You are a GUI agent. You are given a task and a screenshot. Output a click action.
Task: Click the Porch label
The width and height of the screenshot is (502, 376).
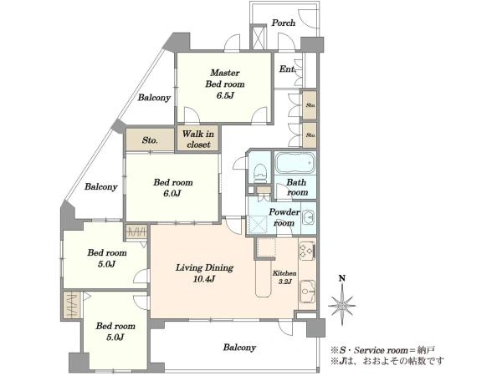pyautogui.click(x=284, y=23)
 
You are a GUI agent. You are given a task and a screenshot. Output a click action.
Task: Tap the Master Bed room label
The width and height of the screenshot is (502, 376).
pyautogui.click(x=225, y=79)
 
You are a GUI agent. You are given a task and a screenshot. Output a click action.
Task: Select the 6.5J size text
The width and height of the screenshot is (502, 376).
pyautogui.click(x=225, y=95)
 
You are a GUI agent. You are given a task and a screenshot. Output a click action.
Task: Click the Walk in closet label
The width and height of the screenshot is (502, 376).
pyautogui.click(x=198, y=139)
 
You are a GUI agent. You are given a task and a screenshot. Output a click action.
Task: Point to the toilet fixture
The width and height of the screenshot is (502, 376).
pyautogui.click(x=260, y=173)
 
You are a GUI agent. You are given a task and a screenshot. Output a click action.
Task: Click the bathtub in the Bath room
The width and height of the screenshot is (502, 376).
pyautogui.click(x=295, y=163)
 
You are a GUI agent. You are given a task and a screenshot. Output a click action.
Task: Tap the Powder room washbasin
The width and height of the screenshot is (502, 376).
pyautogui.click(x=309, y=218)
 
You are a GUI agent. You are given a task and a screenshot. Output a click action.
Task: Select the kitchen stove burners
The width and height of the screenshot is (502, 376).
pyautogui.click(x=307, y=251)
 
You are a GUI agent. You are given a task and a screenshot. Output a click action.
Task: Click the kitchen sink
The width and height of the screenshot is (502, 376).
pyautogui.click(x=307, y=291)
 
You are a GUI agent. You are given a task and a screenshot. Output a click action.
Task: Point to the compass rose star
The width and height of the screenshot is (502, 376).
pyautogui.click(x=342, y=305)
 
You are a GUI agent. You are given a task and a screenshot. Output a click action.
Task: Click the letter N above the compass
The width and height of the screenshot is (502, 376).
pyautogui.click(x=342, y=278)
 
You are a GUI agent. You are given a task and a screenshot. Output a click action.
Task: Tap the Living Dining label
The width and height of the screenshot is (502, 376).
pyautogui.click(x=204, y=267)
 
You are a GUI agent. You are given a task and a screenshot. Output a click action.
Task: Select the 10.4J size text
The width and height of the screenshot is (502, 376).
pyautogui.click(x=204, y=279)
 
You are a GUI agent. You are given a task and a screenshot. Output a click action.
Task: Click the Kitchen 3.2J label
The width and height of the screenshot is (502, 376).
pyautogui.click(x=284, y=277)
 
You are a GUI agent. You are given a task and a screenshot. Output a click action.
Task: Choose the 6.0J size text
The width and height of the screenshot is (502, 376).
pyautogui.click(x=172, y=194)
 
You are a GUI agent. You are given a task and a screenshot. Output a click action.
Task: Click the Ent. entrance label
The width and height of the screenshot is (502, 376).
pyautogui.click(x=287, y=69)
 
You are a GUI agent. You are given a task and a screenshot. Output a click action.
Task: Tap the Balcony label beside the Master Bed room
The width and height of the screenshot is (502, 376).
pyautogui.click(x=154, y=97)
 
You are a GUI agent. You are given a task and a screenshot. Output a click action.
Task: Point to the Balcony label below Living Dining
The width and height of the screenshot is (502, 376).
pyautogui.click(x=239, y=348)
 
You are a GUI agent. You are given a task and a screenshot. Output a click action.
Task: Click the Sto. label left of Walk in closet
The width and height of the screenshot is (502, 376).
pyautogui.click(x=150, y=140)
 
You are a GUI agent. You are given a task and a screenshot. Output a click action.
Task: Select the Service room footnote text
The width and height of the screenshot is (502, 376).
pyautogui.click(x=382, y=350)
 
